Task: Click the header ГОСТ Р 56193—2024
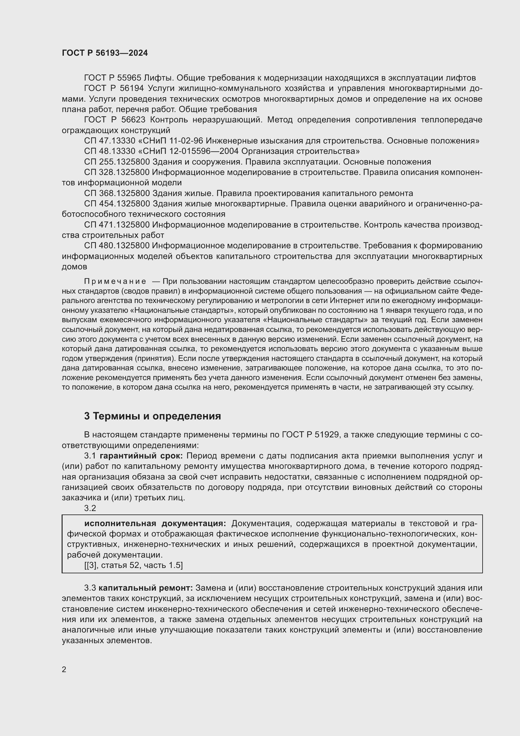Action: coord(105,53)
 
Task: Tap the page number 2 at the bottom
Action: coord(64,670)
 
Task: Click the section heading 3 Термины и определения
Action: coord(152,416)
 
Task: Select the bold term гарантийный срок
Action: coord(141,456)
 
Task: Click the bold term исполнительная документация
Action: coord(155,524)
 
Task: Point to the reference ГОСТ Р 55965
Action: coord(112,78)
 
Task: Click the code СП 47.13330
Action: coord(108,141)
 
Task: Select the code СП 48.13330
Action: coord(108,151)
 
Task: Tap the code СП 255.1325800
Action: coord(117,162)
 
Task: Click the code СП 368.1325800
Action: coord(117,193)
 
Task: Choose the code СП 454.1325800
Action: coord(117,204)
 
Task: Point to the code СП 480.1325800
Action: coord(117,245)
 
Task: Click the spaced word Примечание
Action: coord(115,282)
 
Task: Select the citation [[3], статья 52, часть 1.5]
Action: coord(134,565)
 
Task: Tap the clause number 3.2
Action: coord(90,508)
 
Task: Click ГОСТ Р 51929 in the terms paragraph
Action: coord(310,435)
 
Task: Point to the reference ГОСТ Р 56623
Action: coord(115,120)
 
